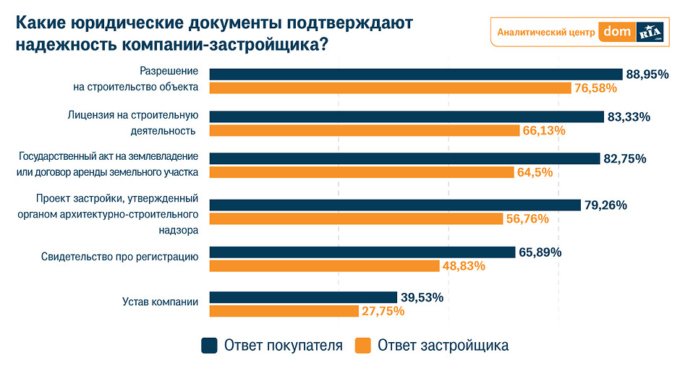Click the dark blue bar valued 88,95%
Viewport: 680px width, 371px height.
click(416, 74)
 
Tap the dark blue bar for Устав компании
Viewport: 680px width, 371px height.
click(303, 297)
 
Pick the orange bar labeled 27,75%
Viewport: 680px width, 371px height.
click(284, 311)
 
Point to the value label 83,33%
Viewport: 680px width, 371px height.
click(629, 116)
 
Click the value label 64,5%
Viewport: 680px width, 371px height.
click(535, 172)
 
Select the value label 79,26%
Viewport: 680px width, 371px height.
click(605, 205)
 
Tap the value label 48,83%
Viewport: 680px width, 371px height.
click(463, 265)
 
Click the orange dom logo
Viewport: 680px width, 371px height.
click(618, 32)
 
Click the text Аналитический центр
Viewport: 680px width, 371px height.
click(546, 32)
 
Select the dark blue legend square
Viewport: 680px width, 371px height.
click(209, 346)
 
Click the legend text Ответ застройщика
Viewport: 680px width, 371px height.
click(443, 346)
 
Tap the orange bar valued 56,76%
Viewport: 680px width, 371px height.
click(356, 218)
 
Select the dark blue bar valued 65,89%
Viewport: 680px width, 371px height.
click(362, 252)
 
